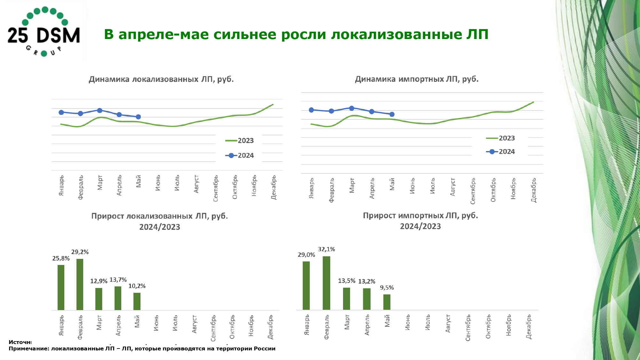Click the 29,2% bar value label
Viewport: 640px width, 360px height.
[x=80, y=252]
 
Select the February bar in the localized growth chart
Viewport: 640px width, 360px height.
[x=80, y=284]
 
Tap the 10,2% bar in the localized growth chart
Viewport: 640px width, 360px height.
[x=137, y=301]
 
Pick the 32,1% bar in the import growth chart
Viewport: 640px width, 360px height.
[x=326, y=283]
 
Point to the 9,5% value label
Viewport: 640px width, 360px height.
[x=387, y=288]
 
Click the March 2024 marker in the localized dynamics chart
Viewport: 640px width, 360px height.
[x=100, y=110]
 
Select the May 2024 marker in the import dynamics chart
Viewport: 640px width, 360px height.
[x=392, y=114]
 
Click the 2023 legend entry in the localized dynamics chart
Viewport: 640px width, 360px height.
[x=239, y=141]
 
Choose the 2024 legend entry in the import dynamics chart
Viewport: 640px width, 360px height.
[x=500, y=152]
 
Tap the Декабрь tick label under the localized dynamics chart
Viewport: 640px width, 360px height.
[x=274, y=187]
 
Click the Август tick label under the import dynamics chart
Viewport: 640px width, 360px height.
[x=452, y=187]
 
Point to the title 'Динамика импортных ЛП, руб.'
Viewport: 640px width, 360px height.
[x=417, y=79]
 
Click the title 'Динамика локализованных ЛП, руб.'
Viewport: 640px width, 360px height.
[x=161, y=79]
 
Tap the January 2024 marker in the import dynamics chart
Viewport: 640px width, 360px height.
[x=311, y=110]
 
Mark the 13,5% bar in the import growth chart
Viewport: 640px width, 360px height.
[x=347, y=299]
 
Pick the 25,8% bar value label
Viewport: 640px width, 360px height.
[x=61, y=259]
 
